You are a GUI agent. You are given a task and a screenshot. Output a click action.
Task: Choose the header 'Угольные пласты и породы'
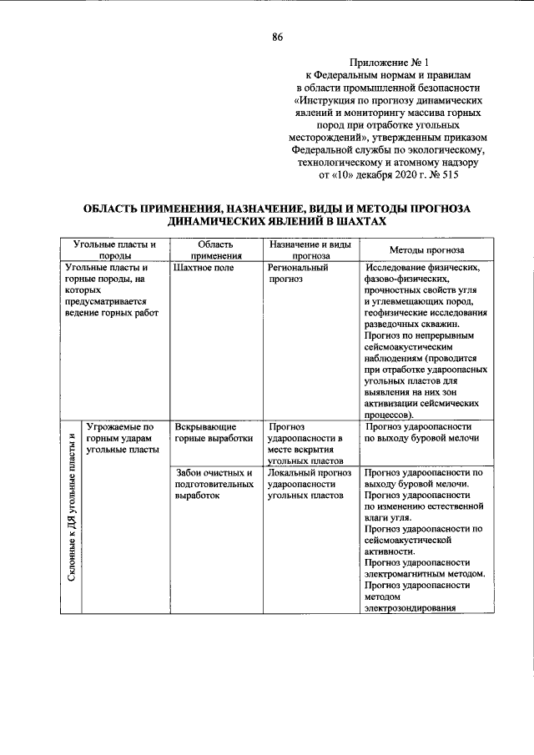pos(114,250)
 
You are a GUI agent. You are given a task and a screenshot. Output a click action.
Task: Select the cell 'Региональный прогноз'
pos(299,274)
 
